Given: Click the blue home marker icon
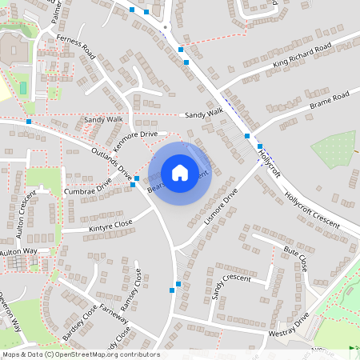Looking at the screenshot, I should point(180,172).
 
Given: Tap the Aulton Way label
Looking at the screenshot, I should point(18,252).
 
